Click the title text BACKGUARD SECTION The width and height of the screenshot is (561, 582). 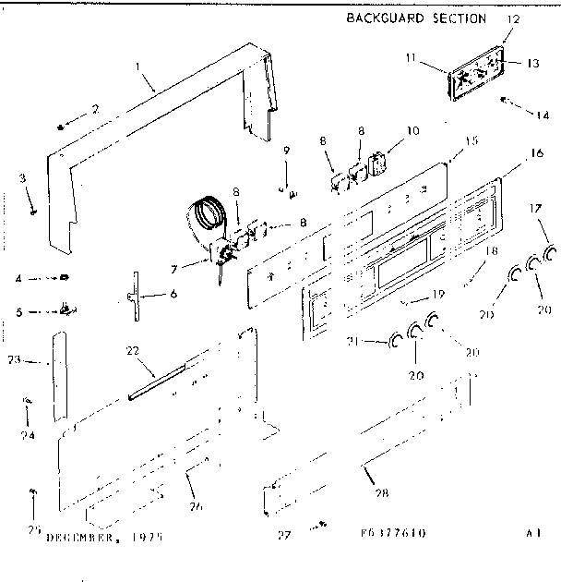tap(415, 18)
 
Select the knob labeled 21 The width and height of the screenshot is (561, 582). tap(396, 342)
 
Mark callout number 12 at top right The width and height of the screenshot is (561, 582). tap(514, 18)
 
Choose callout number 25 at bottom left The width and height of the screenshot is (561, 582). tap(33, 528)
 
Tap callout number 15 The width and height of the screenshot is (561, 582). tap(471, 141)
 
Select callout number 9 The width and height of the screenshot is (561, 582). tap(286, 151)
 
